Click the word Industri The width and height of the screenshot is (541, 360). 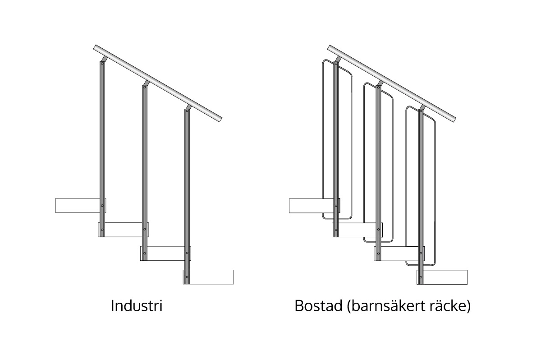[137, 306]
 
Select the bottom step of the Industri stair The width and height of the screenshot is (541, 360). [208, 277]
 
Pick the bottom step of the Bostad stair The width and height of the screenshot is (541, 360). [442, 277]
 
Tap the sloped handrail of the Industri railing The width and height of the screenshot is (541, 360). [158, 83]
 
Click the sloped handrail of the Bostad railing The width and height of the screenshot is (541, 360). [392, 83]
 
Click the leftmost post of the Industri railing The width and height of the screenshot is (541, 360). [102, 149]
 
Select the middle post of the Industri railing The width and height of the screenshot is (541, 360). [145, 173]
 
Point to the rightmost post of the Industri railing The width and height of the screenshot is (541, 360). [187, 196]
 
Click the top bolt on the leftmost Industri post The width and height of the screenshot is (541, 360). [102, 64]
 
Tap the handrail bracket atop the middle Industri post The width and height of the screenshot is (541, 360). [147, 83]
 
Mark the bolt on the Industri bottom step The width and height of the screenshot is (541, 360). [187, 277]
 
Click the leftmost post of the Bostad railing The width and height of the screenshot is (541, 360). [336, 149]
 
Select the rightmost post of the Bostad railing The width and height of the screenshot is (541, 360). [421, 196]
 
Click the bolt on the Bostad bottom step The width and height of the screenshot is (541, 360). [421, 277]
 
